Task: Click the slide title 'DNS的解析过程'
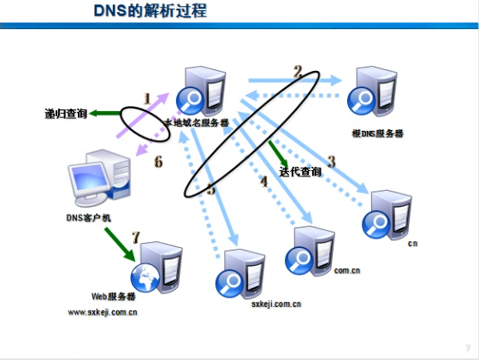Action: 151,12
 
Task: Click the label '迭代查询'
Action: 300,172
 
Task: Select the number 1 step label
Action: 147,99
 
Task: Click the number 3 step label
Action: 331,160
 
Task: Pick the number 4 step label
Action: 263,181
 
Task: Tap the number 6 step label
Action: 157,162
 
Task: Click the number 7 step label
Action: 134,236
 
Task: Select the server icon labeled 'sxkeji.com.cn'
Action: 240,272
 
